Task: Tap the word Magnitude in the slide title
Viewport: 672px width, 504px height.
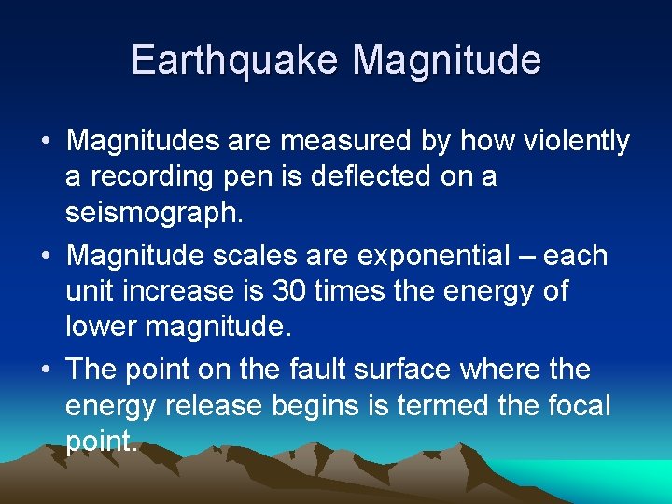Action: (447, 60)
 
